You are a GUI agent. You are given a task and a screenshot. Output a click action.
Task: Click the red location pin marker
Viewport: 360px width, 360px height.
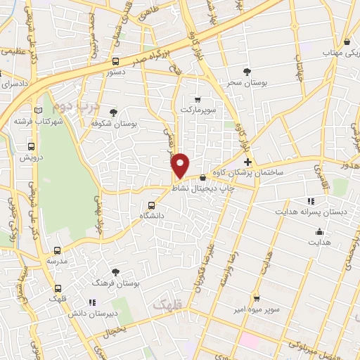pyautogui.click(x=181, y=166)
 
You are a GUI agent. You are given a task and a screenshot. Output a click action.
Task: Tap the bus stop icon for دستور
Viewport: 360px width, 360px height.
pyautogui.click(x=116, y=61)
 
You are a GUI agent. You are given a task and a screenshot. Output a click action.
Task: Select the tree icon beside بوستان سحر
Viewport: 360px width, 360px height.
pyautogui.click(x=246, y=72)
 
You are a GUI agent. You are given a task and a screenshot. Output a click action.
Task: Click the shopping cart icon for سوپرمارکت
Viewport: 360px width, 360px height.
pyautogui.click(x=197, y=98)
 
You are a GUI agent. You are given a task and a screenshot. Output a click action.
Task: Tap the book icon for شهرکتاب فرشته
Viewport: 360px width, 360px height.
pyautogui.click(x=38, y=109)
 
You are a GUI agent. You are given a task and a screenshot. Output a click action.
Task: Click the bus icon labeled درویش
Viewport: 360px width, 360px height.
pyautogui.click(x=31, y=146)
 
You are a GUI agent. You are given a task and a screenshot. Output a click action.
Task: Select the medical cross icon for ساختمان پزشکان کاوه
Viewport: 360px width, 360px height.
pyautogui.click(x=247, y=162)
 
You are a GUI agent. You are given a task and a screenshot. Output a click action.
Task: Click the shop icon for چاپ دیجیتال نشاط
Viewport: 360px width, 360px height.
pyautogui.click(x=202, y=177)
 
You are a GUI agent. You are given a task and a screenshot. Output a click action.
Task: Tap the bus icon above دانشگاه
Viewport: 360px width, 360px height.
pyautogui.click(x=151, y=206)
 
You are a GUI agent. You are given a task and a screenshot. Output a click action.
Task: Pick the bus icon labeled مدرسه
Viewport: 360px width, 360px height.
pyautogui.click(x=57, y=250)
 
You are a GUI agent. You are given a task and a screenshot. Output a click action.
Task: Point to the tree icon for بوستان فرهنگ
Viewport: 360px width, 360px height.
pyautogui.click(x=115, y=271)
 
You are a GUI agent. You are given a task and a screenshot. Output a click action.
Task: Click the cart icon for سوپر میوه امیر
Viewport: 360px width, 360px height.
pyautogui.click(x=257, y=297)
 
